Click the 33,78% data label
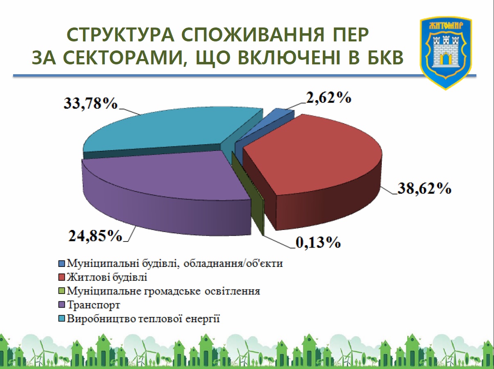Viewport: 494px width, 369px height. (91, 104)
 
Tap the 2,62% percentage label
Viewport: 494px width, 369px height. (329, 98)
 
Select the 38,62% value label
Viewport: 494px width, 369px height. (424, 189)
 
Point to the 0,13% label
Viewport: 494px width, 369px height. (318, 243)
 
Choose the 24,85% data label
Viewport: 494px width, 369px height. (95, 236)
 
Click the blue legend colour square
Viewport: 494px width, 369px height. (61, 264)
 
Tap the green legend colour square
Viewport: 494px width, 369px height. (61, 291)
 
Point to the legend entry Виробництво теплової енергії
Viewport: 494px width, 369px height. (143, 319)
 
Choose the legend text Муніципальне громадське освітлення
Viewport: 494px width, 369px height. (163, 291)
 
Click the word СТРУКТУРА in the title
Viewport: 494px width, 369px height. (120, 35)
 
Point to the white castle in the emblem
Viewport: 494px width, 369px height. (446, 53)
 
